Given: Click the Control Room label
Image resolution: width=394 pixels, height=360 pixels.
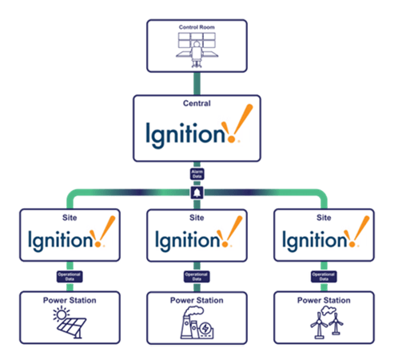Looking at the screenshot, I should [197, 27].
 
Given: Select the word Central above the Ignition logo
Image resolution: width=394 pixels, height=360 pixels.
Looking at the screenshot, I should [197, 103].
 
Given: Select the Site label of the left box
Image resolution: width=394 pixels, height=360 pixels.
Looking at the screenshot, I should [70, 217].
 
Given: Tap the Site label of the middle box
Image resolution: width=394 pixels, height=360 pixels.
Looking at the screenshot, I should [197, 217].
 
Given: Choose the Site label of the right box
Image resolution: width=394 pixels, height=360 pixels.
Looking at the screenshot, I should [324, 217].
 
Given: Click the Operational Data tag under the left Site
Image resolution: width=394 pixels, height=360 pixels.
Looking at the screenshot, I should [70, 276].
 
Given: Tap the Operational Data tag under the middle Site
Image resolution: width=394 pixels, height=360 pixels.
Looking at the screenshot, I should [197, 276].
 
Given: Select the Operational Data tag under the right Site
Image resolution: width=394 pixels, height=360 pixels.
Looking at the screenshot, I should [324, 276].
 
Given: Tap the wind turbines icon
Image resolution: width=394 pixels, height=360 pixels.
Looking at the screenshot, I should [324, 323].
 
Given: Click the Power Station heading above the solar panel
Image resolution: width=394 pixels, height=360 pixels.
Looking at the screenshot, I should [70, 300].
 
